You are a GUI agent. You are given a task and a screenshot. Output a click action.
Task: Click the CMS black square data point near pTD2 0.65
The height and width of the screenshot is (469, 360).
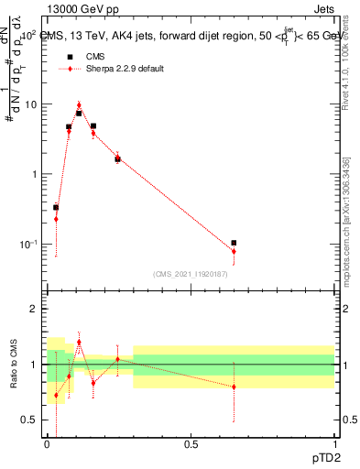234,243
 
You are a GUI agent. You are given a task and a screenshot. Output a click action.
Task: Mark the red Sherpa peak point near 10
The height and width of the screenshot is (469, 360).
79,105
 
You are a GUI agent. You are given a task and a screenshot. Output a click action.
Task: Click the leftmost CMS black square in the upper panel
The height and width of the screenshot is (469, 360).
56,207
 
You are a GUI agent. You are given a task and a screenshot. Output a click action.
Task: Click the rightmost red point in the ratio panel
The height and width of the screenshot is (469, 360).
234,387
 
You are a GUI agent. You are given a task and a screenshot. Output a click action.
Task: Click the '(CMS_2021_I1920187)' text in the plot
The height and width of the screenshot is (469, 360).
190,272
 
